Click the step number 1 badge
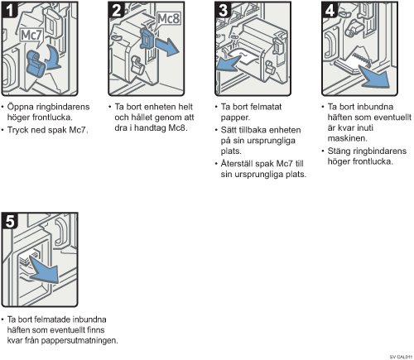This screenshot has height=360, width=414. click(9, 10)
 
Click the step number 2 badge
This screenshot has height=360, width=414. click(116, 10)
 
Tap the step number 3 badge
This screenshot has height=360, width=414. click(223, 10)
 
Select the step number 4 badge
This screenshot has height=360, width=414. click(330, 10)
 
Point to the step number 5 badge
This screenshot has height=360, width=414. click(9, 221)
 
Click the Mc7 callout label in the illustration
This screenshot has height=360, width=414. click(31, 36)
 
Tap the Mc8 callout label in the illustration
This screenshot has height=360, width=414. click(168, 19)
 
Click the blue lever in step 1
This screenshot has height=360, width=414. click(36, 64)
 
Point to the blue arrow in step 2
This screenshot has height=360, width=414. click(167, 46)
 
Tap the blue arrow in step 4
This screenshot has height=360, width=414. click(374, 76)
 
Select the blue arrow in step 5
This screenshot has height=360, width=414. click(44, 271)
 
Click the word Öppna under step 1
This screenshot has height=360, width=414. click(17, 108)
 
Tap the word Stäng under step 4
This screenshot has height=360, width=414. click(339, 151)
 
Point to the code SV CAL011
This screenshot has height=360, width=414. click(401, 357)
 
